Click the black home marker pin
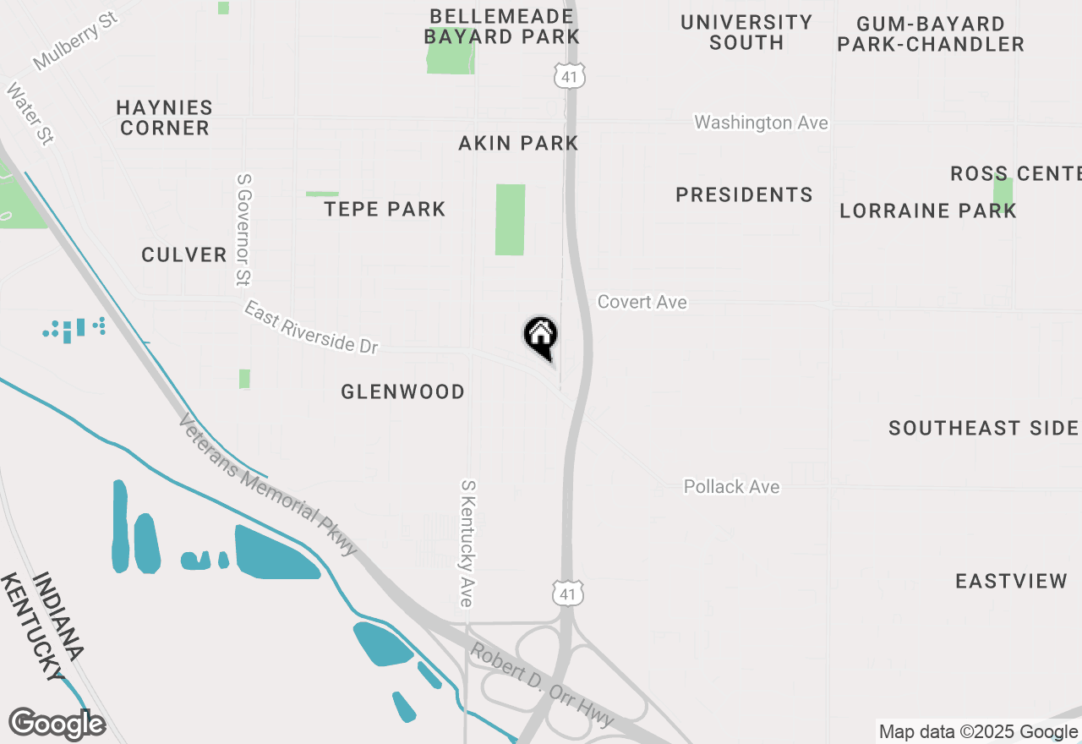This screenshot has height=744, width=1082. [x=541, y=336]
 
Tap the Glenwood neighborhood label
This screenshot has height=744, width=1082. [x=402, y=391]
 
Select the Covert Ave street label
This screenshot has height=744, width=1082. [x=642, y=302]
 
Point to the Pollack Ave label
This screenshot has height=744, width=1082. [x=731, y=487]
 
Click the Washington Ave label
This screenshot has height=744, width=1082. [x=761, y=123]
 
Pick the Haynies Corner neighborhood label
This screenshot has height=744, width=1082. [x=165, y=118]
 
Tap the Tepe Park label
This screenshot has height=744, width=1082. [x=385, y=209]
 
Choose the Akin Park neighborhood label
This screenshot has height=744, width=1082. [x=518, y=143]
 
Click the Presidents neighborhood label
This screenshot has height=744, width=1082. [x=744, y=194]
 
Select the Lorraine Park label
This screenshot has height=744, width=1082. [x=927, y=211]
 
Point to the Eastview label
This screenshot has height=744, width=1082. [x=1011, y=581]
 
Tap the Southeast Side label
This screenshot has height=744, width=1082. [x=983, y=429]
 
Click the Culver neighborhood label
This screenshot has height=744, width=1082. [x=184, y=254]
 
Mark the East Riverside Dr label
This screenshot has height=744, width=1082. [x=311, y=327]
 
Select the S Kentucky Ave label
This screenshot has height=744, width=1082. [x=466, y=544]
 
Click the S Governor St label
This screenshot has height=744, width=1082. [x=243, y=229]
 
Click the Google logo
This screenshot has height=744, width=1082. [x=57, y=725]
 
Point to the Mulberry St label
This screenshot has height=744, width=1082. [x=75, y=41]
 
